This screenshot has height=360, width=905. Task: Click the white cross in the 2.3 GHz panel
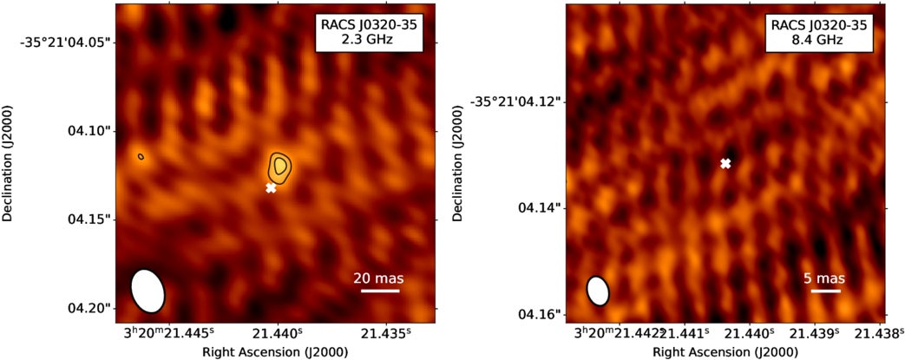click(x=272, y=187)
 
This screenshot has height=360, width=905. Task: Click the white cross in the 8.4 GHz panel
click(x=725, y=163)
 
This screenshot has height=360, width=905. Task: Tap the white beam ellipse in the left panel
click(x=147, y=290)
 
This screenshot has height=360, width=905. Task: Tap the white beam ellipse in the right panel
click(x=598, y=291)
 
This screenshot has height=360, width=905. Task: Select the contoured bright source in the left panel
click(x=279, y=165)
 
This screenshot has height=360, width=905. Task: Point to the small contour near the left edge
click(x=141, y=157)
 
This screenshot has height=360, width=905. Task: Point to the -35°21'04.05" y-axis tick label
click(x=67, y=42)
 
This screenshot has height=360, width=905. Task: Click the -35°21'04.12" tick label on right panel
click(x=517, y=101)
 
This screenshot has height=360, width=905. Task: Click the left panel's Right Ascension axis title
click(x=275, y=351)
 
